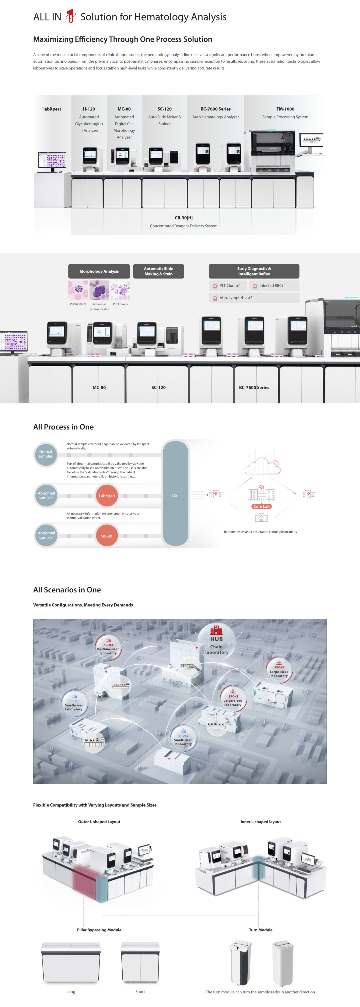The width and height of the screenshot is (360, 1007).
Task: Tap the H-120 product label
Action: (89, 109)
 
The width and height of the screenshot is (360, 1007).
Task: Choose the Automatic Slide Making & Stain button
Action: (158, 271)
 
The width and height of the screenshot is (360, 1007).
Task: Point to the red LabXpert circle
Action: (107, 496)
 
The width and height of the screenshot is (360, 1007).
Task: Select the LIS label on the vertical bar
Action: (175, 495)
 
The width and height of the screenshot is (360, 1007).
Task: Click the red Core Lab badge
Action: (261, 506)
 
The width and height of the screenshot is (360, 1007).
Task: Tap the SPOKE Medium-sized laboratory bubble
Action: (108, 647)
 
